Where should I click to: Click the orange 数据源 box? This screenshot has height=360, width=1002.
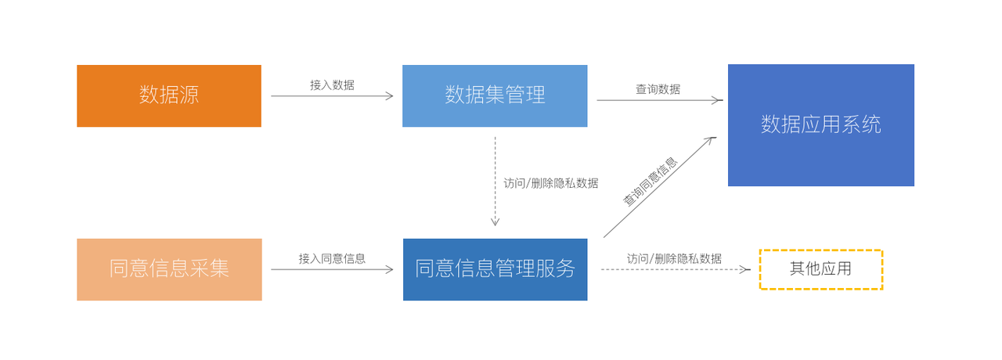[x=169, y=95]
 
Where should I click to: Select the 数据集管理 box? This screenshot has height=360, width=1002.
[x=495, y=95]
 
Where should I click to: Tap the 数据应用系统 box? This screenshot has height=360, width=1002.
[x=821, y=125]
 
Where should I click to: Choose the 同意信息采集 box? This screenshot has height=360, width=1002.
[x=169, y=269]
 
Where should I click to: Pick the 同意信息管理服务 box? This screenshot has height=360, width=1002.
[x=495, y=269]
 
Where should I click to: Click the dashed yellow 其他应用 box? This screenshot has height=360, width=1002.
[x=820, y=269]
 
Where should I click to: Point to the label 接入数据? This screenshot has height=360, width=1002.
[x=332, y=85]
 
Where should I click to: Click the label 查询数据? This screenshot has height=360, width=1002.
[x=658, y=89]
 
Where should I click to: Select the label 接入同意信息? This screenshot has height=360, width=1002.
[x=332, y=258]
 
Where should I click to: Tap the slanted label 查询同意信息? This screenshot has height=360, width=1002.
[x=650, y=182]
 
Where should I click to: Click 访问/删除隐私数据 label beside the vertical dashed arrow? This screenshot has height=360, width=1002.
[x=551, y=183]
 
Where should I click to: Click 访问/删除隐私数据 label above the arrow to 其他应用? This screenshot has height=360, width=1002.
[x=674, y=258]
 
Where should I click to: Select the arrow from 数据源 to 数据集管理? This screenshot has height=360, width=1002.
[x=332, y=96]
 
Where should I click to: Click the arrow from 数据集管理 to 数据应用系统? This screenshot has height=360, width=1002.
[x=658, y=100]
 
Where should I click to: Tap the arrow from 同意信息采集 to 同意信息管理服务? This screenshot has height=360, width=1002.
[x=332, y=269]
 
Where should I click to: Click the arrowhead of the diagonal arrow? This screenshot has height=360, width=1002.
[x=712, y=139]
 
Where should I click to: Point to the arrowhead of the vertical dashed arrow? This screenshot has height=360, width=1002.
[x=495, y=222]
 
